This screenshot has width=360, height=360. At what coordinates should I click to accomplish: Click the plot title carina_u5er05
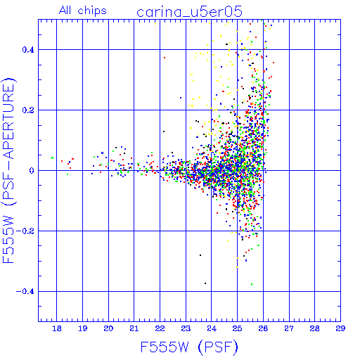[x=189, y=12]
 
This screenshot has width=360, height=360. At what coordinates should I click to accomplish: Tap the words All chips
[x=83, y=11]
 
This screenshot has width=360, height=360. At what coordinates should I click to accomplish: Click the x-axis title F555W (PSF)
[x=189, y=347]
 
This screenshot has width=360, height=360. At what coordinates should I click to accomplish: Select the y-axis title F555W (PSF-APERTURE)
[x=8, y=171]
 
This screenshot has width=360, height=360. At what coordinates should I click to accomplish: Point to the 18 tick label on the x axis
[x=57, y=328]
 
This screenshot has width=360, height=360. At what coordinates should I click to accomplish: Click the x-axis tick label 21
[x=134, y=328]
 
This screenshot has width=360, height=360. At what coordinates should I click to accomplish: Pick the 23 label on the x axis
[x=186, y=328]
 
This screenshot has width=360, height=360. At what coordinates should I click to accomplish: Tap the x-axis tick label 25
[x=237, y=328]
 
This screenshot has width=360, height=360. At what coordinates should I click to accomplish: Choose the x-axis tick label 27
[x=289, y=328]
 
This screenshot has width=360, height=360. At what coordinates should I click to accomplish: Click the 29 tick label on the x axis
[x=340, y=328]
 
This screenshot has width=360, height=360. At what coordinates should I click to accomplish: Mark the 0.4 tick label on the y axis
[x=28, y=50]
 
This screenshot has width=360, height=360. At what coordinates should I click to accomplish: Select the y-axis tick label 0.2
[x=28, y=110]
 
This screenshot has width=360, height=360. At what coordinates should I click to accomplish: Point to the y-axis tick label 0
[x=32, y=171]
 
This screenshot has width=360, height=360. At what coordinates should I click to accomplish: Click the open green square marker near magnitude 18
[x=52, y=158]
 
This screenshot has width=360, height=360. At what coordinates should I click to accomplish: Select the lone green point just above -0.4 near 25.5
[x=252, y=284]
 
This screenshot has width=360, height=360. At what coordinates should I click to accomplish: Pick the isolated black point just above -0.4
[x=205, y=283]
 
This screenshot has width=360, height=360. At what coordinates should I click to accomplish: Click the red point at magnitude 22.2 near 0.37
[x=165, y=58]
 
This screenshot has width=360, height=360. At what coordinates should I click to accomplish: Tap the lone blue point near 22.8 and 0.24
[x=181, y=98]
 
